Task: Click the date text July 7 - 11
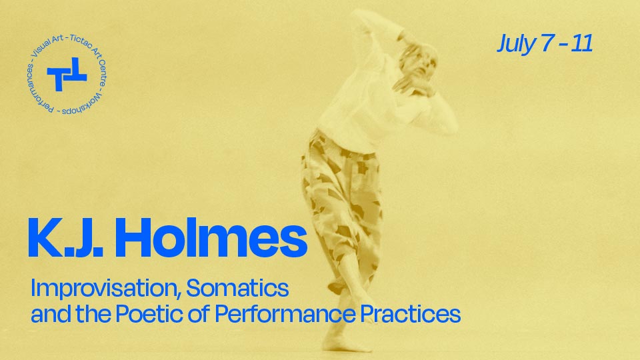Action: click(x=545, y=44)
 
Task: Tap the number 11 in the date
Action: click(x=582, y=44)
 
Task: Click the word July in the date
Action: click(x=515, y=44)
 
